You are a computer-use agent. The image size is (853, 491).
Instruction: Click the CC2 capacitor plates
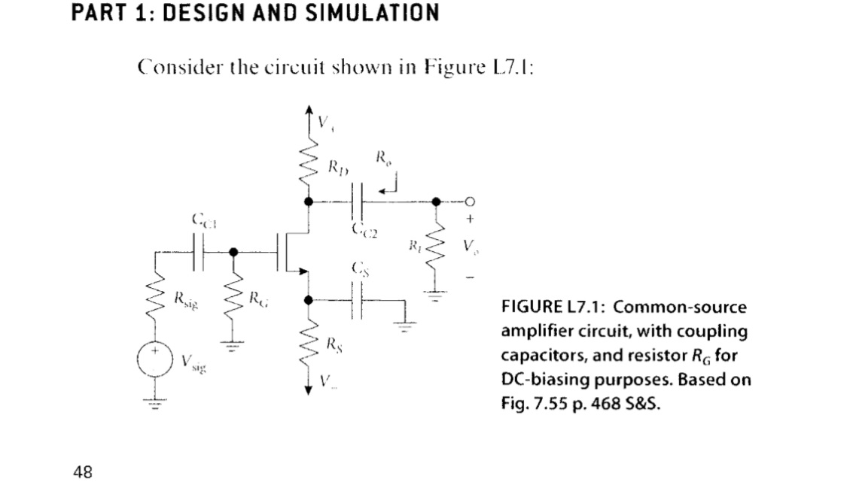click(358, 201)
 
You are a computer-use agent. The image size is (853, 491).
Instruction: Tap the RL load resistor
click(435, 250)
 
